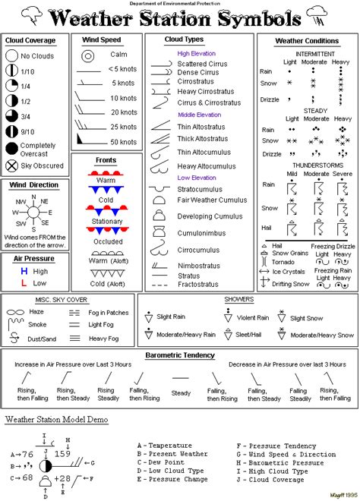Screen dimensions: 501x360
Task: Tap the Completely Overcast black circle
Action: pos(11,149)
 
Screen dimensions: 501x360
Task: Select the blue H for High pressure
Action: pos(24,271)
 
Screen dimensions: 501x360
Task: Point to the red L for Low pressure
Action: pos(24,283)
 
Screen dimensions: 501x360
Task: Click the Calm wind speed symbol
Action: pos(88,55)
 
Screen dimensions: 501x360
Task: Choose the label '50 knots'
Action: pos(122,141)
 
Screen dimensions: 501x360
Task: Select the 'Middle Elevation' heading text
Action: pos(199,115)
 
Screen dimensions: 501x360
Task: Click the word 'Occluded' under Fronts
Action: pos(108,241)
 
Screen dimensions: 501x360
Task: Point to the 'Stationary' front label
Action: pos(107,222)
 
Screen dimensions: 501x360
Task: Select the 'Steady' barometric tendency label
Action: pos(181,392)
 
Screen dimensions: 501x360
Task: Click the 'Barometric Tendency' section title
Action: pos(179,355)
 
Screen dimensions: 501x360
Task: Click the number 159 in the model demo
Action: pos(62,454)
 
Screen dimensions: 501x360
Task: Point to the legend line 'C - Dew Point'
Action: pos(161,462)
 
